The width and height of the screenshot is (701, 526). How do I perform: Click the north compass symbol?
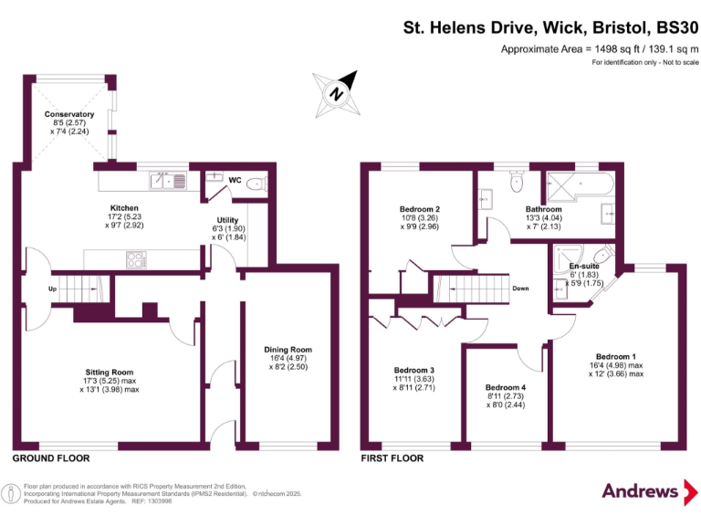click(336, 92)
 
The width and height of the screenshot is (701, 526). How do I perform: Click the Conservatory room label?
click(69, 115)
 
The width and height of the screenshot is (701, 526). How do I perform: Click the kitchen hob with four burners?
click(137, 259)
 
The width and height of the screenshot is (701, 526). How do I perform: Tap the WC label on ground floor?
click(235, 181)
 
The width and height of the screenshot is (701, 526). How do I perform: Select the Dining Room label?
click(288, 349)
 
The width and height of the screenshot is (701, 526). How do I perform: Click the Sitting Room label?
click(110, 373)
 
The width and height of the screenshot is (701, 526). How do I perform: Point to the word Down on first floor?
click(520, 289)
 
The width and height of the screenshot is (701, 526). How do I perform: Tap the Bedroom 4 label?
click(505, 387)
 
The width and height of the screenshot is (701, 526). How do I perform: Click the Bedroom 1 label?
click(616, 356)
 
